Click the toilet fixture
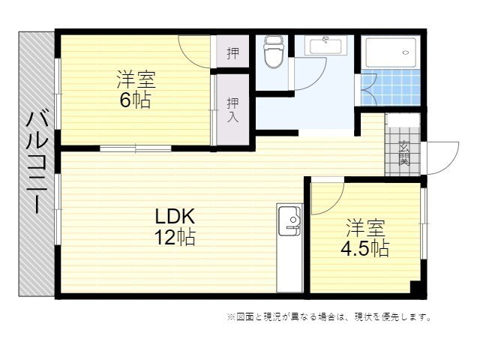point(273,52)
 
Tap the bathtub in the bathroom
point(391,52)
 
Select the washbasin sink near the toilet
point(325,46)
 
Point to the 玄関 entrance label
point(404,154)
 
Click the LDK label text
point(175,217)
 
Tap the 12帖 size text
point(175,237)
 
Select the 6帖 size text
point(135,100)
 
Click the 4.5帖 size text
point(365,248)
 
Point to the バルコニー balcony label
point(37,162)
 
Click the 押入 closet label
point(232,110)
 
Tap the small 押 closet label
point(232,53)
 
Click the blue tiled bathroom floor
point(391,87)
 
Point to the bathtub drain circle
point(406,52)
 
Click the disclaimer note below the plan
point(329,316)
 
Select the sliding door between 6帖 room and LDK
point(135,148)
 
